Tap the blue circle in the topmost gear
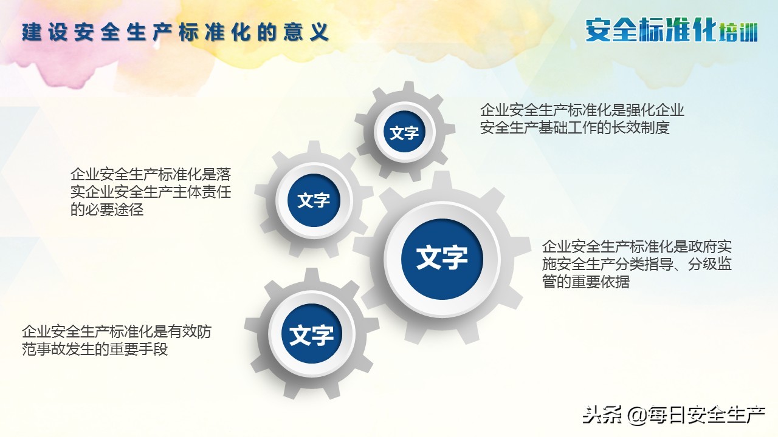pos(404,133)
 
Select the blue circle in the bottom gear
pos(311,334)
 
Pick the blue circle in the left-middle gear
pos(314,200)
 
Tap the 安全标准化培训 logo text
pos(672,30)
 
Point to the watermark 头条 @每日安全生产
pos(673,415)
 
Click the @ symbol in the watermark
pos(636,416)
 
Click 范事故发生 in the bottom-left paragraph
pos(58,350)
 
